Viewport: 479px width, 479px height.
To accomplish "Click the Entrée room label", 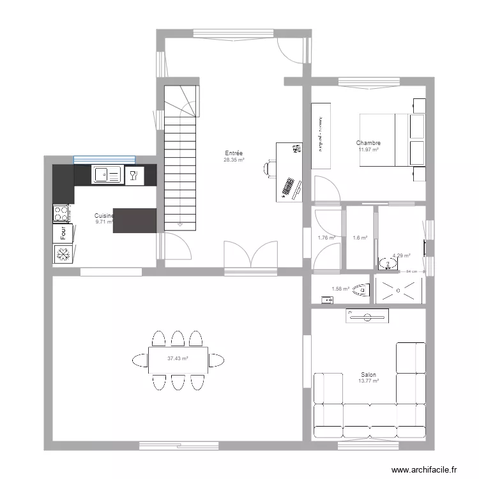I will coord(233,153).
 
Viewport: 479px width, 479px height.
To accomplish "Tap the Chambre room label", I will coord(369,144).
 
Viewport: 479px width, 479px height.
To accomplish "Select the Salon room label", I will coord(369,375).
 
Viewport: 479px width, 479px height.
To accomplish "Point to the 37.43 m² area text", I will coord(178,359).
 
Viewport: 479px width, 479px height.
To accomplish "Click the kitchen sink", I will coord(107,174).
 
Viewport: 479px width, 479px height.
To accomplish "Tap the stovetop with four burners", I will coord(61,213).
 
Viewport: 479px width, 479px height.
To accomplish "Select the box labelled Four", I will coord(62,234).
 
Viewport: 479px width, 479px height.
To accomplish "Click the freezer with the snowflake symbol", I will coord(63,255).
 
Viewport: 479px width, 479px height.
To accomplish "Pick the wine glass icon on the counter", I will coord(133,175).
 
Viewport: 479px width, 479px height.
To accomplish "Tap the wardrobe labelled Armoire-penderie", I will coord(320,135).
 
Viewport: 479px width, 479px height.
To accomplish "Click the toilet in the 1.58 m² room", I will coord(360,289).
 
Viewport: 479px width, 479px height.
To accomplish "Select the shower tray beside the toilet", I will coord(399,289).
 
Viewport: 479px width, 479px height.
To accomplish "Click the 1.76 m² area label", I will coord(326,238).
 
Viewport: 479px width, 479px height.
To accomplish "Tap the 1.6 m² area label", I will coord(360,238).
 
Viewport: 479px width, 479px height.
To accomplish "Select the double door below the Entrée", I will coord(251,255).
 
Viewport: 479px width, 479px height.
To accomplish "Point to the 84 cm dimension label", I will coord(411,271).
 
